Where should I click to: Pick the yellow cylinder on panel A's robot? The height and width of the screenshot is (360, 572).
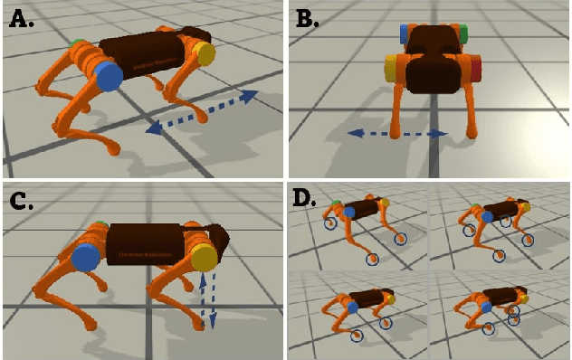pos(205,53)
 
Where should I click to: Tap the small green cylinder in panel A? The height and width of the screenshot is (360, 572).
pos(75,43)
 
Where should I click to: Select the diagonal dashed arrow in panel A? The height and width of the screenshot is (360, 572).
pos(202,112)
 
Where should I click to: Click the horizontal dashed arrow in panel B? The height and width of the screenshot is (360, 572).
pos(397,134)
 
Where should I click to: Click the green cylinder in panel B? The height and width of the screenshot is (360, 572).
pos(462,35)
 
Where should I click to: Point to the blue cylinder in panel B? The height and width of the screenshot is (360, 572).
pos(404,34)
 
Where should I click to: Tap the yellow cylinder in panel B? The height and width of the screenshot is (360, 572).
pos(392,69)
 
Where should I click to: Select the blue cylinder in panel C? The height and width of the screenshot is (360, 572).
pos(86,258)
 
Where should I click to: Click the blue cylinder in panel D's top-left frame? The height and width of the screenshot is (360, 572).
pos(349,212)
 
